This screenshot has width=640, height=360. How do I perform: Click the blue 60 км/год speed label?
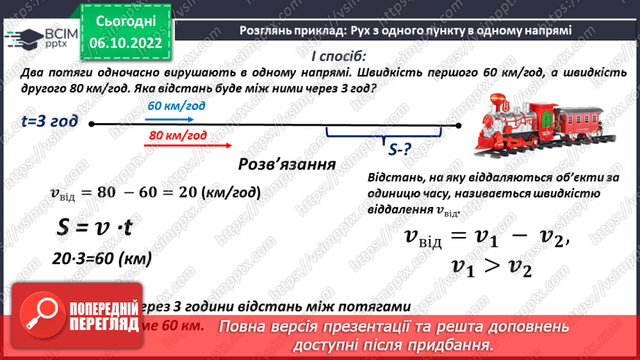pyautogui.click(x=177, y=106)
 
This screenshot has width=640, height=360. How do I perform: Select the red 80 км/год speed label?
pyautogui.click(x=177, y=136)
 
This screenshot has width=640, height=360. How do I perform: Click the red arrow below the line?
pyautogui.click(x=187, y=145)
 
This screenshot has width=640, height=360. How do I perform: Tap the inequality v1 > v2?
pyautogui.click(x=491, y=266)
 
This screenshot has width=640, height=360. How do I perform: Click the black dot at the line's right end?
pyautogui.click(x=458, y=125)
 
